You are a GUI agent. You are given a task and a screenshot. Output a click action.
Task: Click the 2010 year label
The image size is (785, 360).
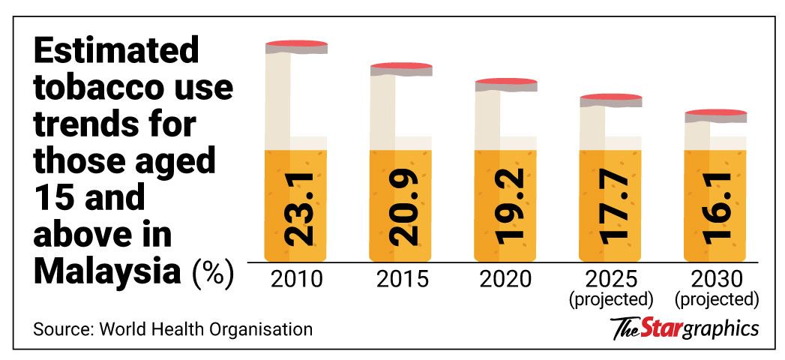pos(297,280)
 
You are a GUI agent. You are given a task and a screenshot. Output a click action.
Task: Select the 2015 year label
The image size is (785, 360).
pos(402,280)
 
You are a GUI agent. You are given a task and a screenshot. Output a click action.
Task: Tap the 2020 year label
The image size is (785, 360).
pos(507,280)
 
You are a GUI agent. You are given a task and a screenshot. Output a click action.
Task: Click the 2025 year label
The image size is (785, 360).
pos(612,280)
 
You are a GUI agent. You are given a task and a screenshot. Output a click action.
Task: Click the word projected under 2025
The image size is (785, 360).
pos(612,300)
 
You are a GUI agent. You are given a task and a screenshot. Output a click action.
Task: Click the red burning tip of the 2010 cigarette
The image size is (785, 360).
pos(297,43)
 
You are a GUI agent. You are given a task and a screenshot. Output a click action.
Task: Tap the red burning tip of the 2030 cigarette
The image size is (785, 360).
pos(718,113)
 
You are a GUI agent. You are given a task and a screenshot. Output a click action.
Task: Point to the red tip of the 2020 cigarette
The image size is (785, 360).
pos(507,82)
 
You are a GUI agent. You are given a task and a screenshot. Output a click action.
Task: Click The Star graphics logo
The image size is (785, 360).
pos(685,328)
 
